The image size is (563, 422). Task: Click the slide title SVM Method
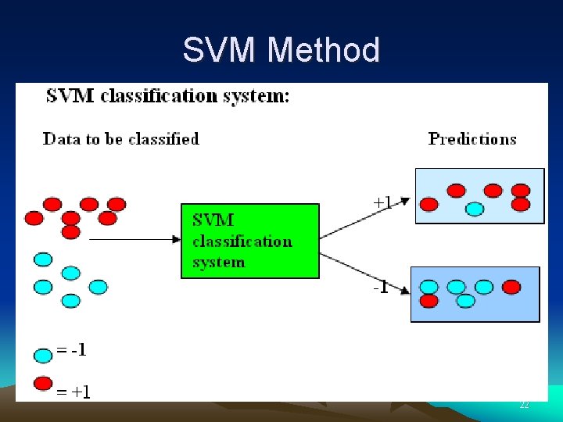coord(281,50)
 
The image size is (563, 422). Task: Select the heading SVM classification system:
coord(167,97)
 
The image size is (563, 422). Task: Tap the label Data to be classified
coord(121,139)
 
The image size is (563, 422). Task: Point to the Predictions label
coord(472,139)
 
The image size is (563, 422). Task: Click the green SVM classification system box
coord(250,241)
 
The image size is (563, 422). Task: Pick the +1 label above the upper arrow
coord(382,202)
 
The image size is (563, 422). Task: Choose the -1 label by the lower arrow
coord(381,287)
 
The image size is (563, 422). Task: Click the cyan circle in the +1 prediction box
coord(475,209)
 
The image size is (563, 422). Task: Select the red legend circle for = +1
coord(43,384)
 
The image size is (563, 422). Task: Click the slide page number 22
coord(524,405)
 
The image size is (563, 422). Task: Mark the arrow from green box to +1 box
coord(364,218)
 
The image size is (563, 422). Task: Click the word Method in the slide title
coord(323,50)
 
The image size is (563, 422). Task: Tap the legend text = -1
coord(72,350)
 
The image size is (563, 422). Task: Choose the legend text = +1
coord(74,392)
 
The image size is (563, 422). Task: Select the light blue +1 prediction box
coord(479,195)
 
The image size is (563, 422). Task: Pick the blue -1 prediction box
coord(475,294)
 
